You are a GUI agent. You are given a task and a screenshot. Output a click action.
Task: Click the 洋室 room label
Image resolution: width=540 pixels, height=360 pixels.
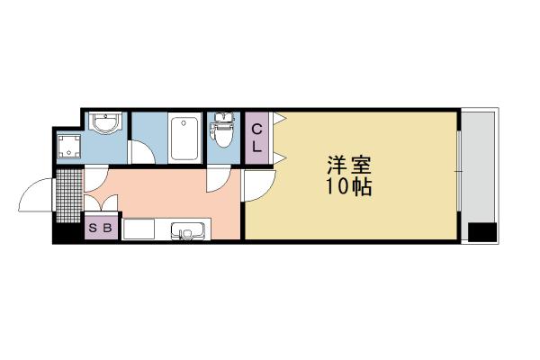coord(349,167)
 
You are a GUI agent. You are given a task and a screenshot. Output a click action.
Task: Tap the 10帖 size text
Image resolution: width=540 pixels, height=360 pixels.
coord(349,189)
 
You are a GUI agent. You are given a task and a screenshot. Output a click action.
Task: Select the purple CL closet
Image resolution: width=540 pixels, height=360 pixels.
coord(256,137)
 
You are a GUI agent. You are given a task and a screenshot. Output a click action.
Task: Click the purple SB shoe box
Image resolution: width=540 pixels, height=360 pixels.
coord(100,229)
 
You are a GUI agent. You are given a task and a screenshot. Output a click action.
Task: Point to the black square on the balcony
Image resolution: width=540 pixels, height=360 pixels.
coord(483,231)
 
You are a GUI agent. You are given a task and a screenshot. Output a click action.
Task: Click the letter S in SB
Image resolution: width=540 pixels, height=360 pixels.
coord(94,229)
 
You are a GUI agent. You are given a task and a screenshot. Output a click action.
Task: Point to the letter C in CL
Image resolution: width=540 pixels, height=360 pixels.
coord(256,128)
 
